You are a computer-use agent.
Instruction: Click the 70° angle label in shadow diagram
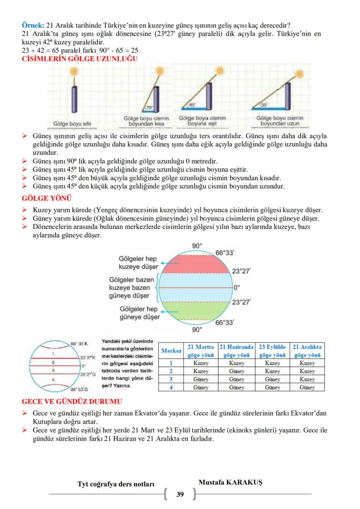pyautogui.click(x=149, y=106)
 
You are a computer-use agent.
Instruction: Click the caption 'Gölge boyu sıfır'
pyautogui.click(x=72, y=124)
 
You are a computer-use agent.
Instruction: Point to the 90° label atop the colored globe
pyautogui.click(x=197, y=246)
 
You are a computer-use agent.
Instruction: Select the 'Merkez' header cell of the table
pyautogui.click(x=171, y=351)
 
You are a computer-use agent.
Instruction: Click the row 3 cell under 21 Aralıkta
pyautogui.click(x=307, y=379)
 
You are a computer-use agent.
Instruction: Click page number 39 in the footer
pyautogui.click(x=180, y=494)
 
